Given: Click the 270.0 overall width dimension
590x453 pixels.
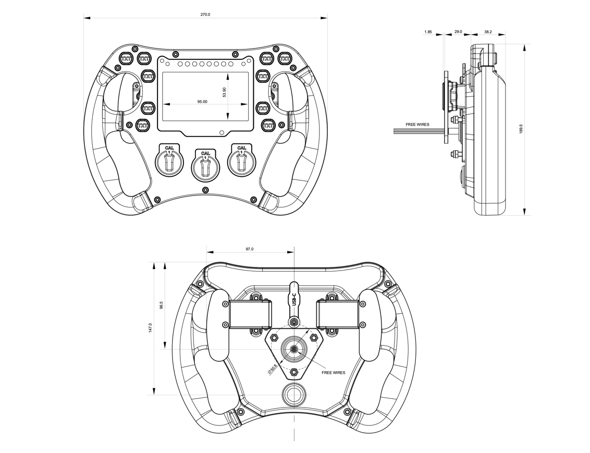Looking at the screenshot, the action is click(205, 14).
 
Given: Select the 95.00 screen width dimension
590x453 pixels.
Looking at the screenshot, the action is click(202, 102).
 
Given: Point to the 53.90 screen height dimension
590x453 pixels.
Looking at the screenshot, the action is click(224, 92).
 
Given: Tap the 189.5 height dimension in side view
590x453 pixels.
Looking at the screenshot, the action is click(521, 129).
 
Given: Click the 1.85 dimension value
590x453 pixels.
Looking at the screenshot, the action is click(428, 32).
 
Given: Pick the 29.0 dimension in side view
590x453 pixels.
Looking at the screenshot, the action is click(458, 32).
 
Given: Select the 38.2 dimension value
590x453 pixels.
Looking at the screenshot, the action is click(488, 32).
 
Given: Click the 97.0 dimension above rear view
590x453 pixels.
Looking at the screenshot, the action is click(250, 249).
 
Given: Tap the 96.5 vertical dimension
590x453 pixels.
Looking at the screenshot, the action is click(162, 305).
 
